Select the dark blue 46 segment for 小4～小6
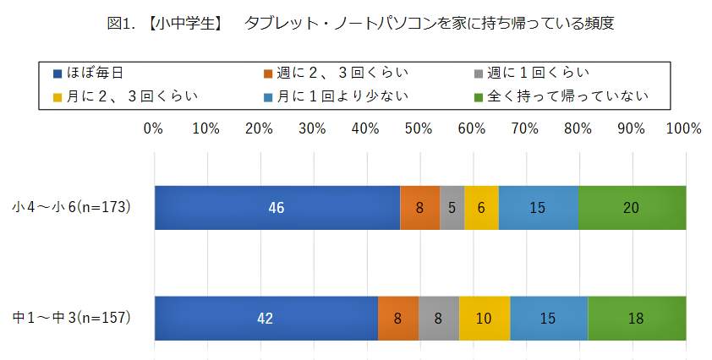pos(277,207)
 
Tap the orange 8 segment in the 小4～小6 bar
pos(420,207)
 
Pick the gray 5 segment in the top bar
pos(452,207)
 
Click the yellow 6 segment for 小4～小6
pos(481,207)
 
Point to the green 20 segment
pos(632,207)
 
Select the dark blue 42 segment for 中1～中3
pos(266,319)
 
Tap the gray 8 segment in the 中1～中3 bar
pos(439,319)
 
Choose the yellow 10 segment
pos(485,319)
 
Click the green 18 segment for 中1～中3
pos(637,319)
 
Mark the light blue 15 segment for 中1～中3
pos(549,319)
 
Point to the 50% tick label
pos(419,129)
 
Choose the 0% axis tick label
pos(153,129)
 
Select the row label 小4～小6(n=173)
pos(72,207)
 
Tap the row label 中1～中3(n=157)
pos(72,319)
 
